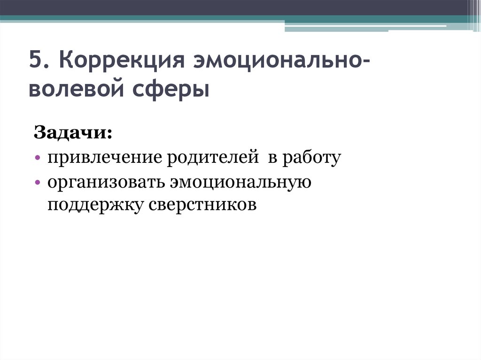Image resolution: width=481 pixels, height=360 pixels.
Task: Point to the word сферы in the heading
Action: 176,90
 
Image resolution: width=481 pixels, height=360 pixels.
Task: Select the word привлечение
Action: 101,158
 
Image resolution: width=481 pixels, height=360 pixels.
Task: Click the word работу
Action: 311,158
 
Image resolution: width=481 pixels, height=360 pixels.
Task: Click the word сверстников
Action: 203,205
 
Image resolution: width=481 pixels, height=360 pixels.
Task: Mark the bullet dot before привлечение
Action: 37,158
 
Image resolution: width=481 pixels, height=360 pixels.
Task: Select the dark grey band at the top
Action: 235,8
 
